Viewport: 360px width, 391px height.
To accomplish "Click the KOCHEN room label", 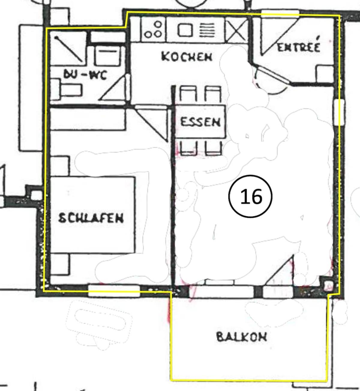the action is click(187, 57).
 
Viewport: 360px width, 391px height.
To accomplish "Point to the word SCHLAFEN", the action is click(91, 218).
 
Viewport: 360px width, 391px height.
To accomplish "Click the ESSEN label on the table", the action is click(200, 122).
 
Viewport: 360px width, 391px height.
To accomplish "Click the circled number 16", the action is click(250, 196).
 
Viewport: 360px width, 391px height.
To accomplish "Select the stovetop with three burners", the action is click(153, 29).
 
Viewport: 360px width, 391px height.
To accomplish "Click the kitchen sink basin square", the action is click(185, 30).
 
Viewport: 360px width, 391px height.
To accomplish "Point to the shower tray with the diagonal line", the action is click(68, 48).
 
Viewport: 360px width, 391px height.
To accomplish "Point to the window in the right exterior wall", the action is click(339, 112).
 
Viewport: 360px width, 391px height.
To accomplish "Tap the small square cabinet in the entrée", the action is click(325, 74).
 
